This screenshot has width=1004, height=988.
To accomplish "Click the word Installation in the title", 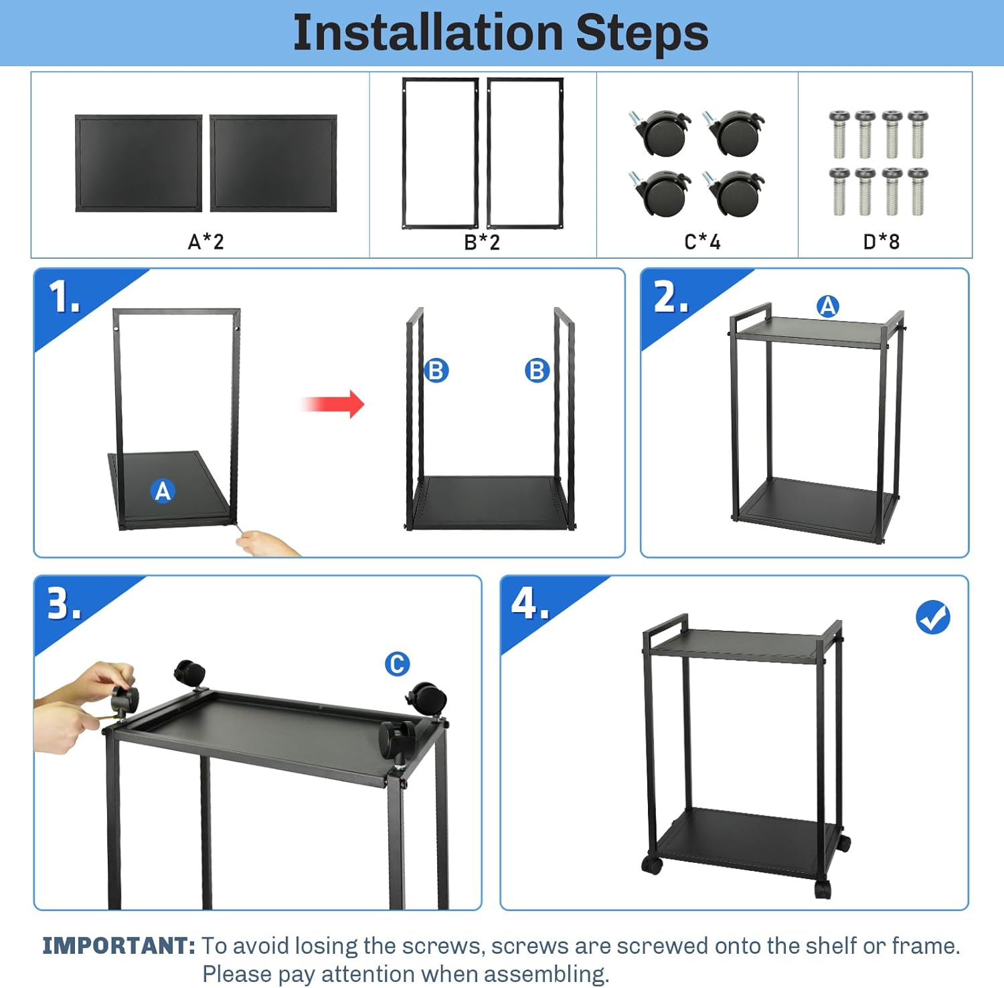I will click(x=428, y=33).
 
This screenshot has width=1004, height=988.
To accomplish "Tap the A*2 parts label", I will click(x=205, y=241).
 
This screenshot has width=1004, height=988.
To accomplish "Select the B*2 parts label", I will click(x=482, y=241).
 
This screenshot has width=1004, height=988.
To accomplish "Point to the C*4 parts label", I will click(x=702, y=241).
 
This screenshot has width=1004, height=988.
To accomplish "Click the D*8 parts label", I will click(x=881, y=241).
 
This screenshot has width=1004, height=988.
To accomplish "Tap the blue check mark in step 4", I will click(x=932, y=617).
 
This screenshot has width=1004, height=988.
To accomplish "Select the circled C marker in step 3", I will click(x=397, y=664).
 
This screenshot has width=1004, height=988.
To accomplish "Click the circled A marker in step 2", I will click(x=828, y=306).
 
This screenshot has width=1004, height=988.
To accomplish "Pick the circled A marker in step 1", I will click(x=163, y=491).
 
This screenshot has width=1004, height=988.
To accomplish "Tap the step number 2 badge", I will click(x=670, y=297).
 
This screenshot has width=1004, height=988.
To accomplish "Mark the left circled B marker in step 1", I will click(x=436, y=370).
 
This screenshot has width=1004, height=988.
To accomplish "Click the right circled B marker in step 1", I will click(x=537, y=370).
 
